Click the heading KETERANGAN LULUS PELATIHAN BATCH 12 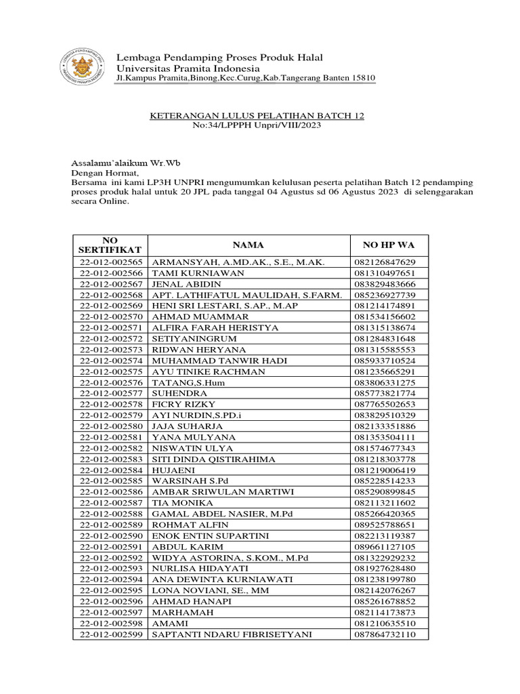pos(257,116)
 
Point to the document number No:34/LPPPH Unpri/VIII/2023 pos(257,126)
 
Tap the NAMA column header pos(248,245)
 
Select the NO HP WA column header pos(384,245)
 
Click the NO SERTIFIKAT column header pos(110,245)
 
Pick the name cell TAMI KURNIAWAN pos(189,273)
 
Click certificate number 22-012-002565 pos(111,262)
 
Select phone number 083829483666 pos(384,284)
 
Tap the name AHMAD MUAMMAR pos(190,317)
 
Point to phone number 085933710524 pos(384,360)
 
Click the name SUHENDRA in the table pos(174,392)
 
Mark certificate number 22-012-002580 pos(111,426)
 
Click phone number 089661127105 pos(384,546)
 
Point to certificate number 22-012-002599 pos(111,634)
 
